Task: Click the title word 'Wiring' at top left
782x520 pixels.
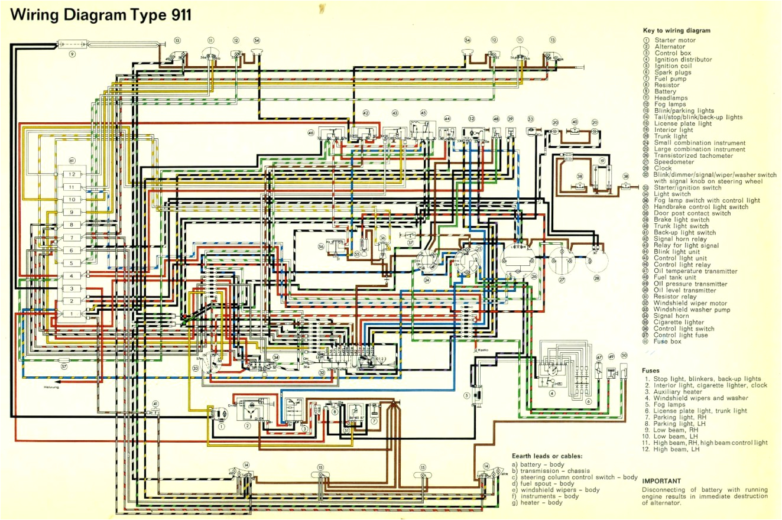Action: coord(39,14)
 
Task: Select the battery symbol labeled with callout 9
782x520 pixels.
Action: coord(72,44)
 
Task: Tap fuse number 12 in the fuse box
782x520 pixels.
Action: coord(72,174)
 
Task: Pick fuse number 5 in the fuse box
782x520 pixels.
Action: coord(72,263)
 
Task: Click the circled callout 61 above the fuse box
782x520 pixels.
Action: coord(72,161)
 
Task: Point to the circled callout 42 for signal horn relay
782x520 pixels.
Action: coord(366,113)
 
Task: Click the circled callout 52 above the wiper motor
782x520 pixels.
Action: coord(471,119)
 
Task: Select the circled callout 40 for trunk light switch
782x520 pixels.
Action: coord(574,122)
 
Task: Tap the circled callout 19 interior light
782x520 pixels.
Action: coord(602,161)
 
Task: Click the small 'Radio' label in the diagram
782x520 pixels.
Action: coord(479,350)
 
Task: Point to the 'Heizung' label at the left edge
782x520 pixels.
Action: coord(51,387)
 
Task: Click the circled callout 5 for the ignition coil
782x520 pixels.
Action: coord(467,395)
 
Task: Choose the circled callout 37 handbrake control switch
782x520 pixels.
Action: coord(410,242)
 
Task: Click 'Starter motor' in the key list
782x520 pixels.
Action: coord(674,40)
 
